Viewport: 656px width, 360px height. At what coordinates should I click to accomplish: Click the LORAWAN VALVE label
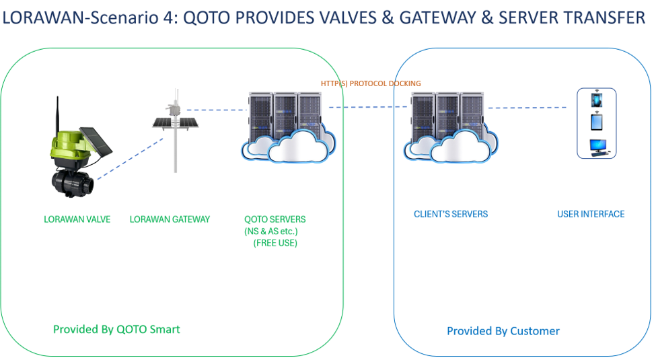(x=77, y=219)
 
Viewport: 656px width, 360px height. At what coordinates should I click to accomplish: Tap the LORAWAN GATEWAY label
(x=170, y=219)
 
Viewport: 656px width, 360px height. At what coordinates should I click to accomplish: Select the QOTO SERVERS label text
(x=275, y=219)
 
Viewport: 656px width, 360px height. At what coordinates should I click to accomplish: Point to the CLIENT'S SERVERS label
(x=451, y=214)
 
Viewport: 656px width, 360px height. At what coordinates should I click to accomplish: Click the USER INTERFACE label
(x=591, y=214)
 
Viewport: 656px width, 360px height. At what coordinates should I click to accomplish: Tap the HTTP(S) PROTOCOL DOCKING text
(x=371, y=83)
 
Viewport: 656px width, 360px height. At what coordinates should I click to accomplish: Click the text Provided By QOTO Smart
(x=116, y=330)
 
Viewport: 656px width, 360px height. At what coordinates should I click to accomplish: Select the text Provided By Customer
(x=503, y=331)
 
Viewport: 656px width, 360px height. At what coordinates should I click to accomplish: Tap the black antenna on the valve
(x=58, y=114)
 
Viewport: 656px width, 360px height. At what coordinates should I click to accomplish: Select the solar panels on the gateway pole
(x=176, y=122)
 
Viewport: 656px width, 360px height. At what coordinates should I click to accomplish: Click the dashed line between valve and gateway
(x=131, y=159)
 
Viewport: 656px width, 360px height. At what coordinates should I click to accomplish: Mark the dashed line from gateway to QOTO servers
(x=217, y=110)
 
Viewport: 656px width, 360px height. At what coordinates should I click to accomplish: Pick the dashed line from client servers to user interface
(x=527, y=108)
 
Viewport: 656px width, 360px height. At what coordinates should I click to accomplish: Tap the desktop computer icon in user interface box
(x=598, y=148)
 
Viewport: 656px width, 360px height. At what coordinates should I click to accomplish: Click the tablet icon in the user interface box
(x=597, y=122)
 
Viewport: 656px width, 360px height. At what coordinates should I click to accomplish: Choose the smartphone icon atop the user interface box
(x=597, y=100)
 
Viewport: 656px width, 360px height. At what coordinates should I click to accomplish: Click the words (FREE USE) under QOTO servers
(x=275, y=243)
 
